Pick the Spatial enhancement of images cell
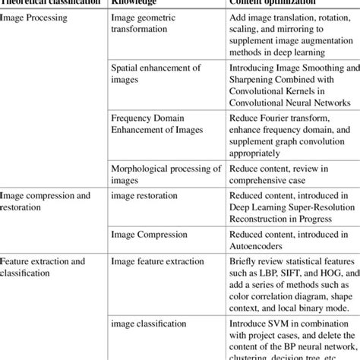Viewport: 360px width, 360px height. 156,74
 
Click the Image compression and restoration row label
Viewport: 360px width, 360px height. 46,202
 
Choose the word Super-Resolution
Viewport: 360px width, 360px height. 305,208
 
